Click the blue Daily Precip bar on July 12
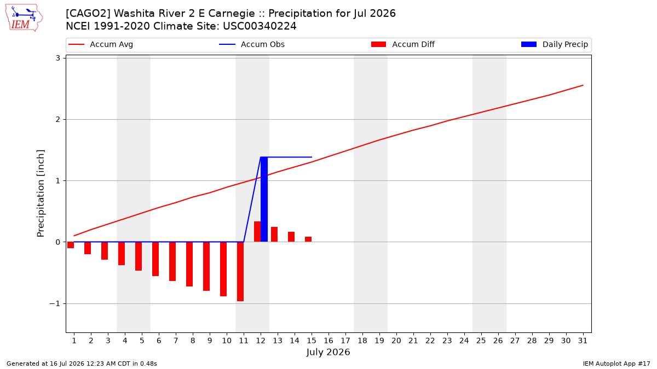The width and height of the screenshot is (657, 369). pos(264,200)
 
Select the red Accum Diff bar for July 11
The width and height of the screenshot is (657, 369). pos(240,272)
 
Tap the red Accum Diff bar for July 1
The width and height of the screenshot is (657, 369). pos(71,245)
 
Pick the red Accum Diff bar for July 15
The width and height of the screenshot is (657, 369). pos(308,239)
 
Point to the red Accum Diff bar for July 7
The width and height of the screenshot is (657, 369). pos(172,261)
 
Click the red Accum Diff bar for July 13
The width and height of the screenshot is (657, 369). pos(274,235)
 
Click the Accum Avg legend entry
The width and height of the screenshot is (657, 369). pos(101,44)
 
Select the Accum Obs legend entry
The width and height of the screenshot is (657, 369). pos(252,44)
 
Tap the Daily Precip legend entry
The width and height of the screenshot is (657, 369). pos(555,44)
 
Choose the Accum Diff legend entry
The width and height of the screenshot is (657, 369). pos(403,44)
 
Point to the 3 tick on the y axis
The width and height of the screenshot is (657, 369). pos(58,58)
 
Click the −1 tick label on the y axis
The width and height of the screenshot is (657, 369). pos(55,304)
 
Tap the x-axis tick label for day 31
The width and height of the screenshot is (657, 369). pos(583,341)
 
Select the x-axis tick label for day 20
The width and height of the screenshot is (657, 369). pos(396,341)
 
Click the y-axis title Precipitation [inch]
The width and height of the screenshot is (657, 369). pos(41,194)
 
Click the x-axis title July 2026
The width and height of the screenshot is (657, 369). pos(328,352)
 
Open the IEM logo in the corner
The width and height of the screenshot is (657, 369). pos(24,18)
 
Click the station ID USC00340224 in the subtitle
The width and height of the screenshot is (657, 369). pos(260,26)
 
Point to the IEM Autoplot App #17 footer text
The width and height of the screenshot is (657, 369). pos(616,364)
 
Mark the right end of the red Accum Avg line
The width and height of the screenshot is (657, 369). pos(583,85)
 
